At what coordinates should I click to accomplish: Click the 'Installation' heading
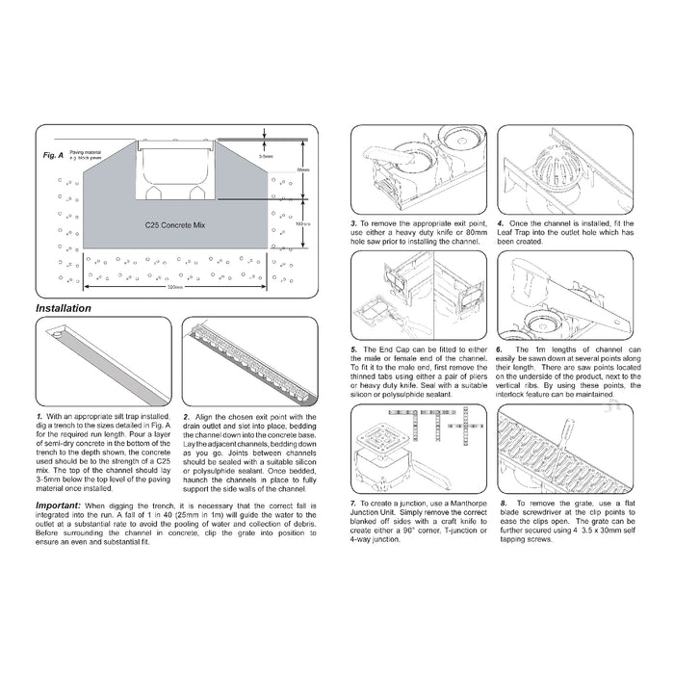tap(64, 309)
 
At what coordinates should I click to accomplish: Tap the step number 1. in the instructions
tap(39, 415)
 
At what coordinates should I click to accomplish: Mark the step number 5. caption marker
tap(354, 350)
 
